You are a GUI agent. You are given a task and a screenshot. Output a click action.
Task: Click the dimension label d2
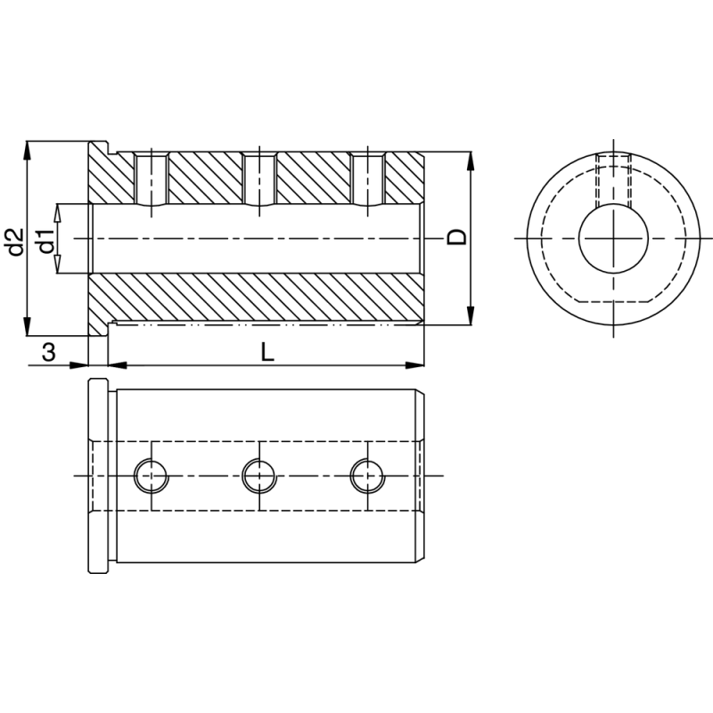pyautogui.click(x=12, y=242)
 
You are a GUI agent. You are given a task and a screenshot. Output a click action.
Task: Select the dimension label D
pyautogui.click(x=455, y=237)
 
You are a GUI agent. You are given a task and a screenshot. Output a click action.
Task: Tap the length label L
pyautogui.click(x=266, y=352)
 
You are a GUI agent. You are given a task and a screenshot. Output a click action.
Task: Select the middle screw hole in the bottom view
pyautogui.click(x=258, y=475)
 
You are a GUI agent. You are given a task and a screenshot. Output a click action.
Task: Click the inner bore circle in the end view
pyautogui.click(x=614, y=238)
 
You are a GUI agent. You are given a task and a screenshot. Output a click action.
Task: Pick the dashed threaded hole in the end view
pyautogui.click(x=614, y=183)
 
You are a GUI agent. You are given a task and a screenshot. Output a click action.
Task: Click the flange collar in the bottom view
pyautogui.click(x=98, y=475)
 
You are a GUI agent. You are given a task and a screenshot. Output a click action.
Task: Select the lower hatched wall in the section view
pyautogui.click(x=258, y=298)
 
